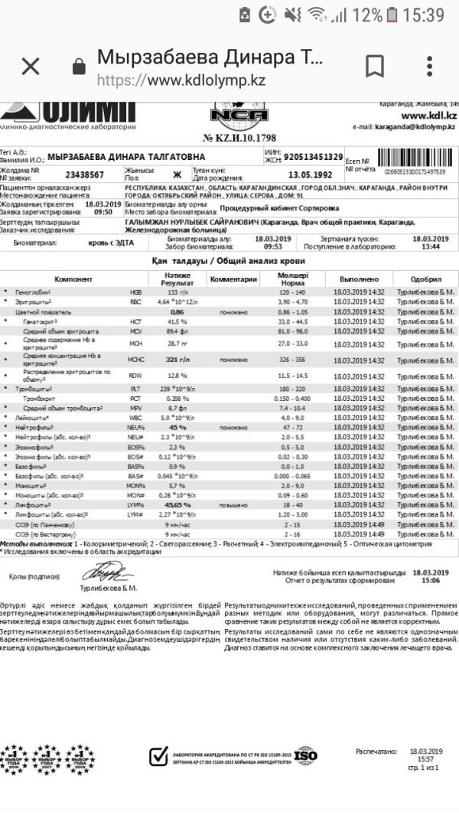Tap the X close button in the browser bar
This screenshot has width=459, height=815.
[31, 67]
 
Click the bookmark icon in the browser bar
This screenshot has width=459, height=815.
[374, 67]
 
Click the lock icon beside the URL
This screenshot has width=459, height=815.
[78, 67]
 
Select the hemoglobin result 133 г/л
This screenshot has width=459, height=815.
[178, 292]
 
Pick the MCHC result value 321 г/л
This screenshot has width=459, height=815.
[178, 359]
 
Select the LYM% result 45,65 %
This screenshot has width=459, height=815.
[178, 505]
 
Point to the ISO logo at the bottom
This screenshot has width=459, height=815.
[305, 755]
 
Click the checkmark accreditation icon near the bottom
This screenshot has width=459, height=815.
[158, 756]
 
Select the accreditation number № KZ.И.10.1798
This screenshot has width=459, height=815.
[240, 138]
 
